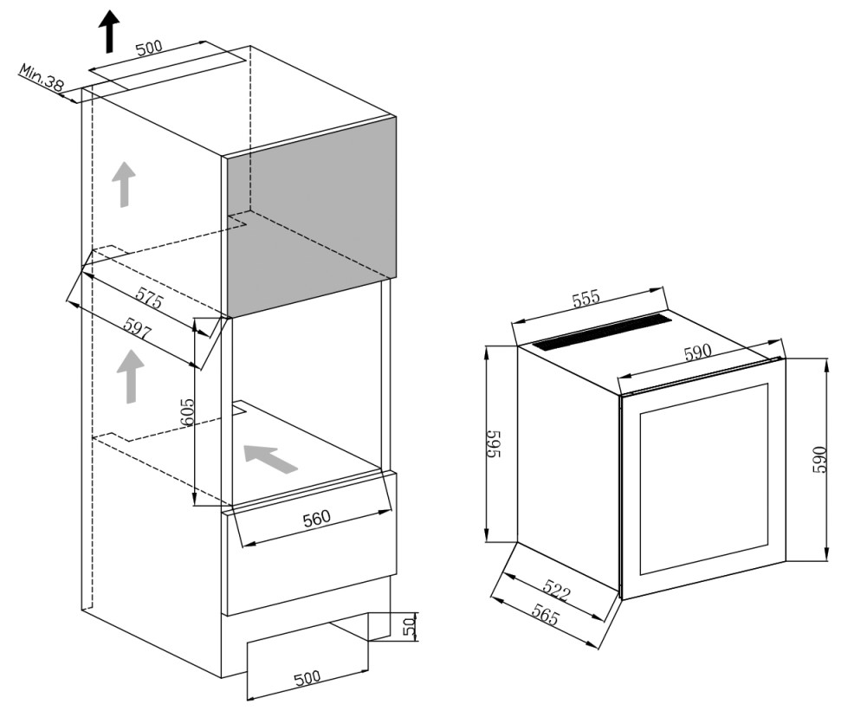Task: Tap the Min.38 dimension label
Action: (42, 77)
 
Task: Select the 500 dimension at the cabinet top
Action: (149, 48)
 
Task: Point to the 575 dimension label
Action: (149, 298)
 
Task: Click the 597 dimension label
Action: (136, 329)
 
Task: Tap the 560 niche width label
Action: (316, 518)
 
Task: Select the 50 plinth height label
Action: (409, 626)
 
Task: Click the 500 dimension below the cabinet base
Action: (307, 678)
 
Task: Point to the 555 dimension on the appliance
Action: (586, 299)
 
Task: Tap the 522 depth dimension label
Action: (556, 591)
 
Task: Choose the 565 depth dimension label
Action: (546, 616)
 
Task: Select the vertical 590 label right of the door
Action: (819, 460)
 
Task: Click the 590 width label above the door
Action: (698, 352)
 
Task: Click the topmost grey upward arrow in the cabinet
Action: (124, 184)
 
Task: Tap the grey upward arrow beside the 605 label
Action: (131, 377)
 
